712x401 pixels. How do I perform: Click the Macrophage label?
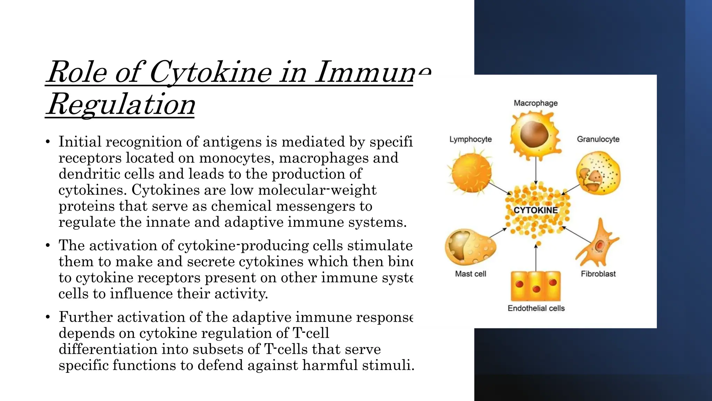click(535, 103)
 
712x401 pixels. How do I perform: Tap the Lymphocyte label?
click(470, 139)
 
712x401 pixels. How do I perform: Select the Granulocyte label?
click(598, 139)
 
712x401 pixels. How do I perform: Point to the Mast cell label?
click(470, 274)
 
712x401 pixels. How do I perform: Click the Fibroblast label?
click(598, 274)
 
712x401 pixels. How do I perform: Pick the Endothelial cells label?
click(536, 308)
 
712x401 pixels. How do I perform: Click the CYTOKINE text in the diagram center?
click(535, 210)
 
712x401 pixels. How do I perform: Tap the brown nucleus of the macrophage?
click(534, 134)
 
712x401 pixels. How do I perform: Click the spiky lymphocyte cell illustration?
click(471, 173)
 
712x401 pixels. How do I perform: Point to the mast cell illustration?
click(470, 247)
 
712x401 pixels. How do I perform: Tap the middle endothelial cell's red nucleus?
click(536, 289)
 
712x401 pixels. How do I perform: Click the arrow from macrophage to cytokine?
click(536, 171)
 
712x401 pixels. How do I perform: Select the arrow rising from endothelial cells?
click(536, 258)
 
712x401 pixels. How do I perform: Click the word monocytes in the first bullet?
click(233, 158)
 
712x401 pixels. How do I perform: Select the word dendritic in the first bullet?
click(89, 174)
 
